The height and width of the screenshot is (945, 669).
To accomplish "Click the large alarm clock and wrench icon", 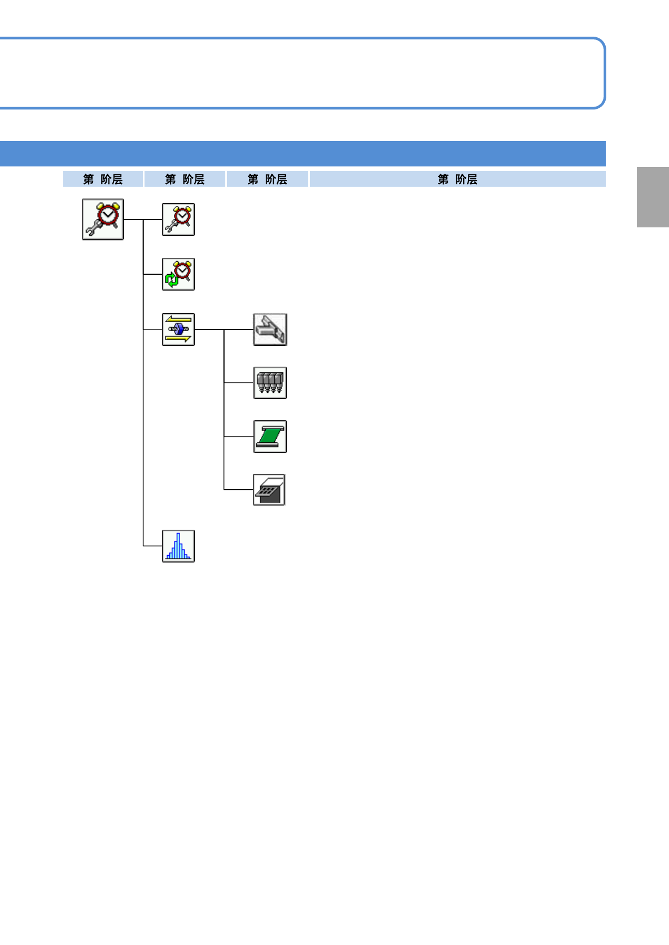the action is click(103, 219).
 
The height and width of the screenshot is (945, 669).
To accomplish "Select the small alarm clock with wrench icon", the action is click(178, 219).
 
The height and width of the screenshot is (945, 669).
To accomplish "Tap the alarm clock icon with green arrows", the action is click(178, 274).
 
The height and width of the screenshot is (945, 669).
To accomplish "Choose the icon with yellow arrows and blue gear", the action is click(178, 329).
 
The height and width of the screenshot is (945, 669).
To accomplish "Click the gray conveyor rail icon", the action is click(270, 329).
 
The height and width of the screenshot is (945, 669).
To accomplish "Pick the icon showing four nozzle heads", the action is click(270, 383).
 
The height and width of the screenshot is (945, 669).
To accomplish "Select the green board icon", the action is click(270, 437).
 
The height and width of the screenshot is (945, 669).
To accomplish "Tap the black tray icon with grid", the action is click(269, 490).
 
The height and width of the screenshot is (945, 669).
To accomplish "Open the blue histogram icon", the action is click(178, 546).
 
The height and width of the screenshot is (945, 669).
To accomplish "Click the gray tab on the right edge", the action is click(653, 197).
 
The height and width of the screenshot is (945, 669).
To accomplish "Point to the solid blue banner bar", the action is click(303, 153).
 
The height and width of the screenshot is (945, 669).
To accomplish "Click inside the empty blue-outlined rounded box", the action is click(303, 73).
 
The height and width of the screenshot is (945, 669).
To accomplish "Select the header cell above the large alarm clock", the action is click(103, 179).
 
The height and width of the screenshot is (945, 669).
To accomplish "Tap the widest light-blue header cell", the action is click(457, 179).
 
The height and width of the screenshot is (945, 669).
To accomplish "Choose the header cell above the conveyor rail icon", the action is click(268, 179).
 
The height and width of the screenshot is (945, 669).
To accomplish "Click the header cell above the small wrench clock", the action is click(185, 179).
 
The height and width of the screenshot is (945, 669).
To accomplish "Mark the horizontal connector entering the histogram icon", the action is click(152, 546).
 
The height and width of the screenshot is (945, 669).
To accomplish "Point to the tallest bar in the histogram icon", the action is click(178, 545).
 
